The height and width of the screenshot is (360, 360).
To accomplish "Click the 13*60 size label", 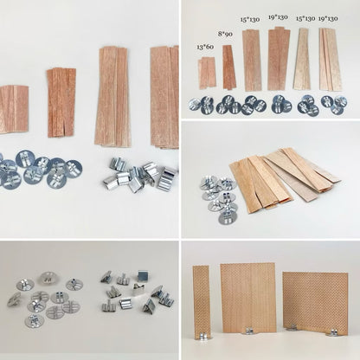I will [206, 47].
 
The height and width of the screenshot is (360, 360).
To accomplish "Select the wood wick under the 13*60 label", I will [207, 72].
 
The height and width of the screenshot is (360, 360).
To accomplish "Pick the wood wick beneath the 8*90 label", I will [228, 67].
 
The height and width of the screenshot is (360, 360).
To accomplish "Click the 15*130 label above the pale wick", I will [305, 18].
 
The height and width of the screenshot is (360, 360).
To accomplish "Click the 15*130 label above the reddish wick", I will [250, 19].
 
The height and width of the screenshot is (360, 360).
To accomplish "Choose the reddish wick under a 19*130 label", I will [279, 59].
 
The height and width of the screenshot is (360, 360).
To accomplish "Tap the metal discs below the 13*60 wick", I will [202, 104].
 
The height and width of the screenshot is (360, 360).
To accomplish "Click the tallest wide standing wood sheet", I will [247, 297].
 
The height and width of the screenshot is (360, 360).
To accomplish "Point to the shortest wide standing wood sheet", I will [315, 302].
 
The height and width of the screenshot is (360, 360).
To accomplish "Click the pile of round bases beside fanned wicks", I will [219, 196].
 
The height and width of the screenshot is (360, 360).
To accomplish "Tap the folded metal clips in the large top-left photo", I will [142, 173].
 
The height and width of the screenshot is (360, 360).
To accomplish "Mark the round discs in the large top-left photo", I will [39, 170].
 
